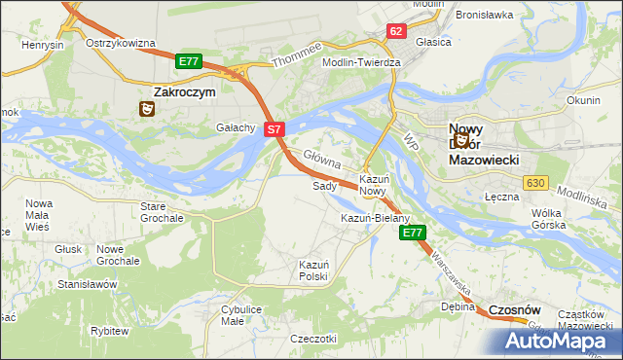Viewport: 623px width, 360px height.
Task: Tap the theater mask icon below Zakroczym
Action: pos(146,109)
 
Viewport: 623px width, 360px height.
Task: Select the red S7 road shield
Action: pos(275,128)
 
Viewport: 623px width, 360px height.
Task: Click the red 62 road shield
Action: pos(395,31)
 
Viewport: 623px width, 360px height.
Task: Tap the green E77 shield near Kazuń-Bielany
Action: pos(413,233)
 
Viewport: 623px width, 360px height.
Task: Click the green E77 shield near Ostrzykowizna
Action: pos(189,61)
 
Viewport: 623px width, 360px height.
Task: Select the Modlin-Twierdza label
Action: pos(362,61)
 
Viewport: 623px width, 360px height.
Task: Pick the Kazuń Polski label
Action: pos(313,270)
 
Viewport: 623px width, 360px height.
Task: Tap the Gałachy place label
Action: pos(236,127)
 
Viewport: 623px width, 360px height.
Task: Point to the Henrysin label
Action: pos(43,46)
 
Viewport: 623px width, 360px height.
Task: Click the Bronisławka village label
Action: pos(483,16)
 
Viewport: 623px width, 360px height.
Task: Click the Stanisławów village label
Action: pos(88,284)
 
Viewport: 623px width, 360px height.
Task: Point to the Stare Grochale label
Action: pos(162,212)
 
